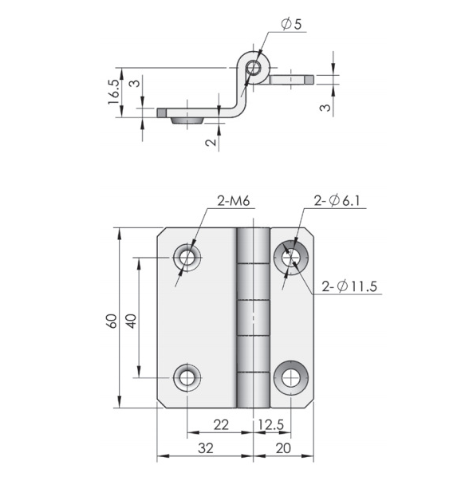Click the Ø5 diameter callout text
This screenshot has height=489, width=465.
coord(291,24)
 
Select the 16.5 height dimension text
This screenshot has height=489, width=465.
coord(113,92)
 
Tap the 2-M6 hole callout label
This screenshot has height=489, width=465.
coord(234,201)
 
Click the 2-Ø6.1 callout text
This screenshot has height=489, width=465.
coord(337,200)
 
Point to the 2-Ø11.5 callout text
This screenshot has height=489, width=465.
coord(349,286)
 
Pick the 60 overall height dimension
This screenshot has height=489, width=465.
coord(112,321)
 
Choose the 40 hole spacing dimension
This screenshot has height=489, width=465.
coord(132,321)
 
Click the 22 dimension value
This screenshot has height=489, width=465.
coord(221,424)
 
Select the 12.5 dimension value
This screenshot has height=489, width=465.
coord(270,424)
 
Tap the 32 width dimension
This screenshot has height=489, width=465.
coord(206,448)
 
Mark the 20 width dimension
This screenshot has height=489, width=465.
coord(283,448)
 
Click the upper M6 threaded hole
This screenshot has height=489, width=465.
coord(187,258)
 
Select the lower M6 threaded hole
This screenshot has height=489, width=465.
coord(187,377)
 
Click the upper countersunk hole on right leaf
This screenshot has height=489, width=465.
coord(290,258)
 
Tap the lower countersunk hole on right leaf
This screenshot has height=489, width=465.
coord(290,377)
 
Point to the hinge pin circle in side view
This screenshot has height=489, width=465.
coord(254,68)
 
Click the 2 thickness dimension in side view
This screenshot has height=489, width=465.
coord(211,142)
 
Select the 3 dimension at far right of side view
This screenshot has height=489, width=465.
coord(325,108)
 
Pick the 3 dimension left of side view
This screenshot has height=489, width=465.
coord(135,83)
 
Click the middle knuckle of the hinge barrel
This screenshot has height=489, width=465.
coord(254,317)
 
